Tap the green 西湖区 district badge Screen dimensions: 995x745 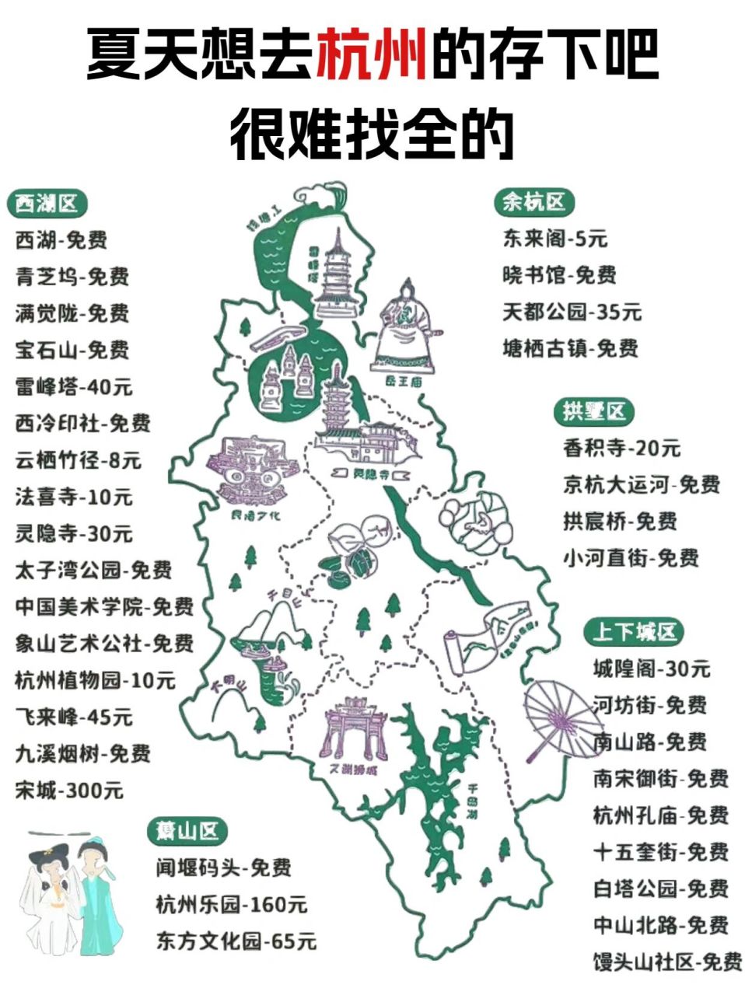(47, 204)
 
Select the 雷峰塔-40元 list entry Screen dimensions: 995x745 (74, 386)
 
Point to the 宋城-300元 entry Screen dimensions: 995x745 (69, 791)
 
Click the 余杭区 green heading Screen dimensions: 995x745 (533, 202)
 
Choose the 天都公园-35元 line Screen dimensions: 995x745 (572, 312)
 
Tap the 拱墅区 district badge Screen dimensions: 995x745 (594, 411)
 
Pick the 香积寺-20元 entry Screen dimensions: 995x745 (621, 448)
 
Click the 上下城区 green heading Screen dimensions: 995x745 (634, 631)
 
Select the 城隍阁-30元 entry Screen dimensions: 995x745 (651, 668)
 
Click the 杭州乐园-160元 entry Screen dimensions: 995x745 (231, 904)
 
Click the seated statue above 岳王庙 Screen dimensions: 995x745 (406, 326)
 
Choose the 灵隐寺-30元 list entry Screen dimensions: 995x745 (74, 533)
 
